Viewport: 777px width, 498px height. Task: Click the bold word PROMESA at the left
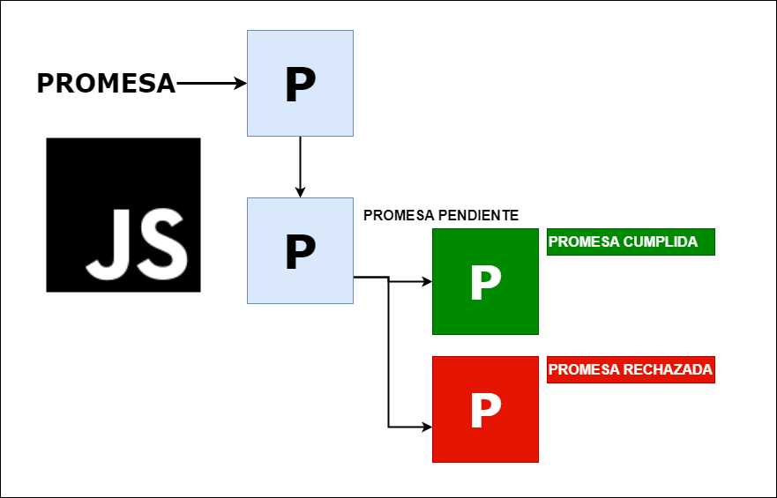106,83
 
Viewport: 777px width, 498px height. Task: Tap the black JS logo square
123,215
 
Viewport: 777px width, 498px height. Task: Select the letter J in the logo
108,244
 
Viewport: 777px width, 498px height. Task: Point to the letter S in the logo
163,244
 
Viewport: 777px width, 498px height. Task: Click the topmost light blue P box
300,83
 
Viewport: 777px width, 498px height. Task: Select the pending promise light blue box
300,250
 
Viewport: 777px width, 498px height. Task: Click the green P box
485,282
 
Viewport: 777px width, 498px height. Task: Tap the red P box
485,409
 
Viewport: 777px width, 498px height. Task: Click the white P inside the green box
486,283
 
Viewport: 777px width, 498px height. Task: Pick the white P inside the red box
486,411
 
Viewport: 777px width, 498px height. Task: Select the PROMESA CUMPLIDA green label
631,242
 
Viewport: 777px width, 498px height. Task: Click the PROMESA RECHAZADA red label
631,370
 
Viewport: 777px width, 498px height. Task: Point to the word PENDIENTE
479,215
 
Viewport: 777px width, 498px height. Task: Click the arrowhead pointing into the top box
241,83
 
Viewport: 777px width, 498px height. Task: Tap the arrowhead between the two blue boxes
300,191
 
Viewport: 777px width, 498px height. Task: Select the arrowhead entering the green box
427,282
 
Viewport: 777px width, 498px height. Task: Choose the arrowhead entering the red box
427,427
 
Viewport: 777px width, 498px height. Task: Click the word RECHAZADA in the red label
668,370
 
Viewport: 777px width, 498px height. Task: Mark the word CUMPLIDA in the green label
660,242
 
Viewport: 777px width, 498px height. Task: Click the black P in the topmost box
300,85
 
